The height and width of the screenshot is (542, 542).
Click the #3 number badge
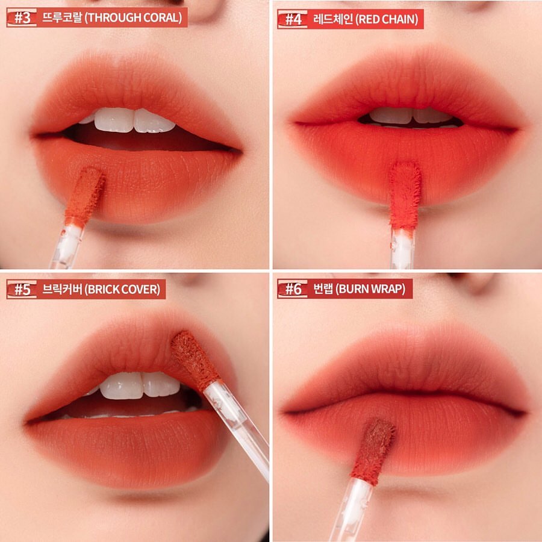pyautogui.click(x=22, y=17)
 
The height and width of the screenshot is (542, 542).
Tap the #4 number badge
pyautogui.click(x=293, y=19)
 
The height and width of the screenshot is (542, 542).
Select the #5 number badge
pyautogui.click(x=22, y=289)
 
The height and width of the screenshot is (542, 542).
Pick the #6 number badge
pyautogui.click(x=293, y=288)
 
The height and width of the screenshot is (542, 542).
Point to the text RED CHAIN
pyautogui.click(x=387, y=19)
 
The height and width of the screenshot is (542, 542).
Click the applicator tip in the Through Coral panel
pyautogui.click(x=85, y=196)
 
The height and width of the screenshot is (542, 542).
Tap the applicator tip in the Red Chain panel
pyautogui.click(x=405, y=196)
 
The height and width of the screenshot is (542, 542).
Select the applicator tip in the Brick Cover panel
pyautogui.click(x=195, y=360)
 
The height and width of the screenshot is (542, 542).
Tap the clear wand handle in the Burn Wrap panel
pyautogui.click(x=351, y=509)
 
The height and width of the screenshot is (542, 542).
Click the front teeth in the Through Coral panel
pyautogui.click(x=134, y=120)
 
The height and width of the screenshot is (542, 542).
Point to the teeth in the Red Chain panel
pyautogui.click(x=411, y=116)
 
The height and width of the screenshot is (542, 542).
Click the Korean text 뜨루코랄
pyautogui.click(x=61, y=17)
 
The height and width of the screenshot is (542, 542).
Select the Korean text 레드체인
pyautogui.click(x=332, y=19)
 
